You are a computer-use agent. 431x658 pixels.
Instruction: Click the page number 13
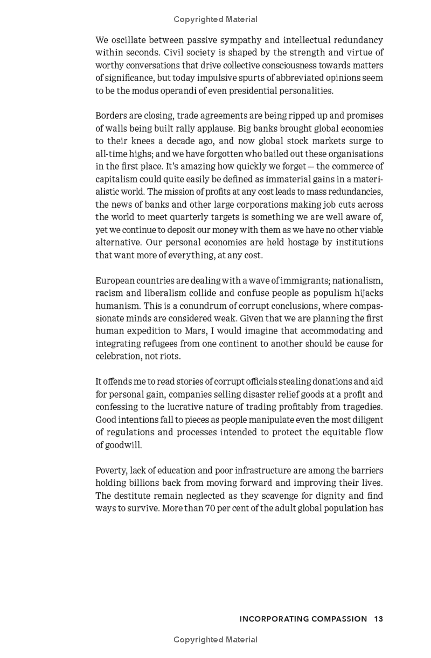coord(378,619)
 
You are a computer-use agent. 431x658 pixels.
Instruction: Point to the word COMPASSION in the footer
coord(339,619)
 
